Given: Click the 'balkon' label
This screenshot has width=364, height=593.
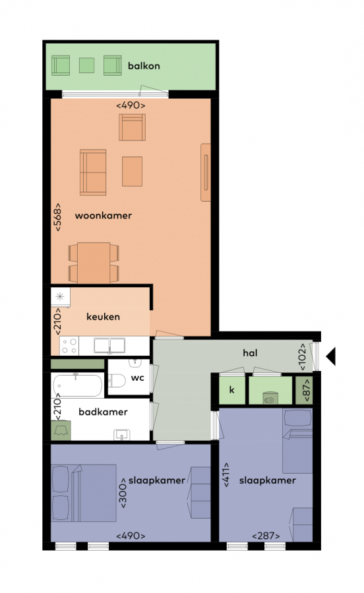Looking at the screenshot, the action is coord(144,66).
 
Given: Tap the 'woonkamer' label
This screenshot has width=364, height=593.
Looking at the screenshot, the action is coord(104,215).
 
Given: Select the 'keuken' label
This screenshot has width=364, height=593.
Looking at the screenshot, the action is coord(103,316).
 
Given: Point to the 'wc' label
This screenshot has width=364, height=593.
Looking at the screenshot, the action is coord(137,378).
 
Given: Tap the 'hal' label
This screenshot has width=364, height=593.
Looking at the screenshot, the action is coord(250,353).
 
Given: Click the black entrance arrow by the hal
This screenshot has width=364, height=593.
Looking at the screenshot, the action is coord(331,356).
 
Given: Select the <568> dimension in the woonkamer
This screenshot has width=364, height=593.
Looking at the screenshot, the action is coord(57,217).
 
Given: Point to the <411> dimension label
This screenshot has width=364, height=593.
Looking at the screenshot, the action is coord(226,474).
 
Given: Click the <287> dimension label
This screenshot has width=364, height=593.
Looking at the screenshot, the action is coord(266,536).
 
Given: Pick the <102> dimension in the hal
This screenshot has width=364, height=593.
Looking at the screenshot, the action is coord(302,356).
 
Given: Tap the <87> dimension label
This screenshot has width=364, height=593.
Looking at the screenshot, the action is coord(307,390).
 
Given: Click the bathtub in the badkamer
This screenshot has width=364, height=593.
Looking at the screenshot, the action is coord(78,385).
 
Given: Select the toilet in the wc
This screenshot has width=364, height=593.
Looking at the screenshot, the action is coord(117,380).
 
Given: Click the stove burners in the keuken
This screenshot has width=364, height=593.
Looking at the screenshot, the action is coord(69,346).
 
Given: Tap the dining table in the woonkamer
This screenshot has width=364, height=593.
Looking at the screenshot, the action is coord(94,263).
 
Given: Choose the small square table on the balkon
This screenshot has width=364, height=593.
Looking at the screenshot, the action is coord(86,65).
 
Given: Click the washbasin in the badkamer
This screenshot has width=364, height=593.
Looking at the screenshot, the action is coord(122,435).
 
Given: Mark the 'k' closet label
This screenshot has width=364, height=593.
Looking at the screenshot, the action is coord(231,389).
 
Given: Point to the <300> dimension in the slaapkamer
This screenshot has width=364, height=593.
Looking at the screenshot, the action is coord(123,492).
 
